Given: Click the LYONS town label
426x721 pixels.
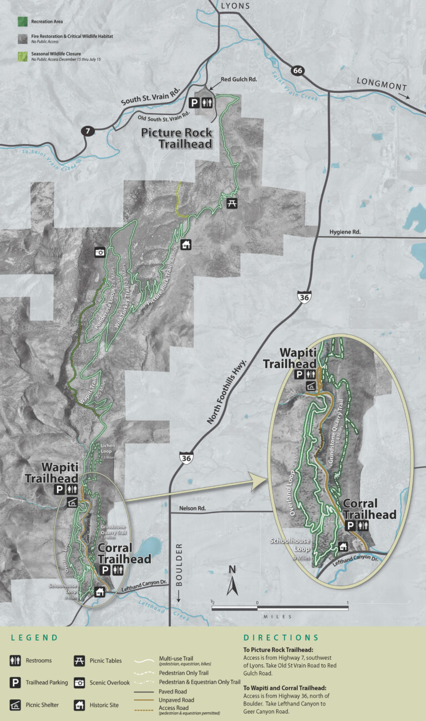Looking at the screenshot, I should coord(235,6).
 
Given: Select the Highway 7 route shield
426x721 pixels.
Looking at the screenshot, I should coord(87,132).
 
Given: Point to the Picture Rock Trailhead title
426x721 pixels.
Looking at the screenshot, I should coord(176,138).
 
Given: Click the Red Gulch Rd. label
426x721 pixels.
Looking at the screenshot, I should coord(239,80).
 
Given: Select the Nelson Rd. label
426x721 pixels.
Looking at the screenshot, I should coord(192,508).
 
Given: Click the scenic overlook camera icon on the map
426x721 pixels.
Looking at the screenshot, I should coord(100,251).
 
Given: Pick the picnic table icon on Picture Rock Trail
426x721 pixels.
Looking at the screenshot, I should coord(232,203).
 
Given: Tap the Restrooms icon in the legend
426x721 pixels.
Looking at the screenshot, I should coord(16,661).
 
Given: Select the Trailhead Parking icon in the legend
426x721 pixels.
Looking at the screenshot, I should coord(16,682).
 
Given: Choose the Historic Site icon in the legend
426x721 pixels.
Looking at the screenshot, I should coord(79,705).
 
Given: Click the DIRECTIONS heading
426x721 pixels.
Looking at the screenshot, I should coord(281,638).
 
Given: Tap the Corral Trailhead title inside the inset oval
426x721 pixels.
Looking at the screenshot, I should coord(369,510).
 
